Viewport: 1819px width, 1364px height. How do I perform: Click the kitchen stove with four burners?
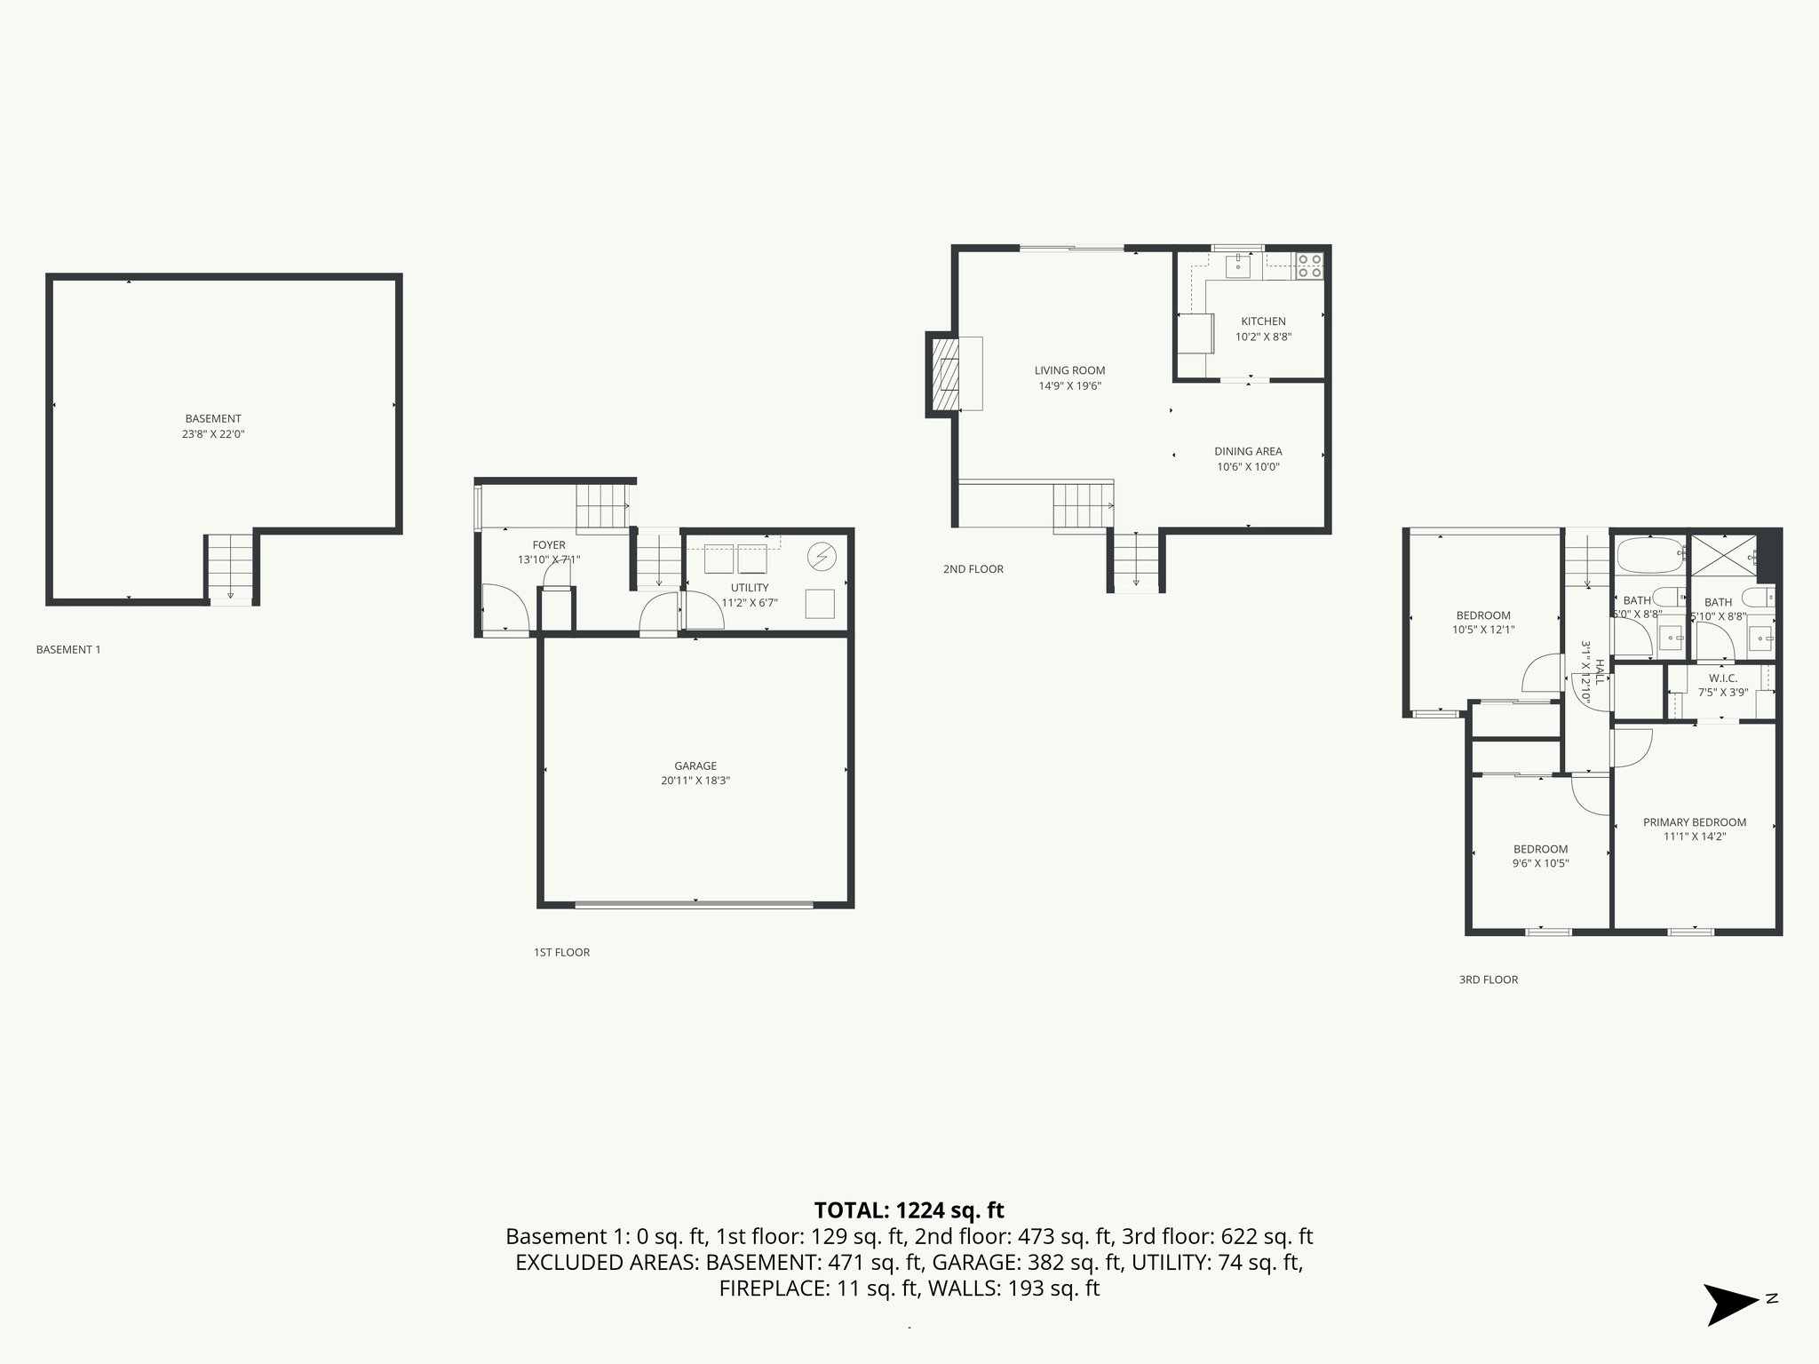pos(1309,266)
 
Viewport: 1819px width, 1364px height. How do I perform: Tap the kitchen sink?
pos(1238,265)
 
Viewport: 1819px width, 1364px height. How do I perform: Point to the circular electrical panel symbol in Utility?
pos(822,557)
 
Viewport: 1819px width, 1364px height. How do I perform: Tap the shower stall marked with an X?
pos(1724,556)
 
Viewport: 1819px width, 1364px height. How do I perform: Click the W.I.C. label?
pos(1722,678)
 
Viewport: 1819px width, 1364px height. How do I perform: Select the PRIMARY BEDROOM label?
pos(1694,822)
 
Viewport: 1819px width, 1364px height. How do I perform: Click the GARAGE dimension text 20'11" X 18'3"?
pos(695,781)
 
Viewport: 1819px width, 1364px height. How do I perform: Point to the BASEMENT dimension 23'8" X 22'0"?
pos(213,434)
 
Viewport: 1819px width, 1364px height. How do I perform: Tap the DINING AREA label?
pos(1248,451)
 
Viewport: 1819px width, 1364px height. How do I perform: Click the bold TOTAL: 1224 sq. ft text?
pos(909,1210)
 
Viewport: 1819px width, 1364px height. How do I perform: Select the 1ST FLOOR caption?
pos(561,952)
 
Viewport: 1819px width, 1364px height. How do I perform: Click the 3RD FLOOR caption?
pos(1489,979)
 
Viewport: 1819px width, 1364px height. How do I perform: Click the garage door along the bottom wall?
pos(694,905)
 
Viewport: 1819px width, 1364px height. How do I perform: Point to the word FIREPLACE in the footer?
pos(773,1289)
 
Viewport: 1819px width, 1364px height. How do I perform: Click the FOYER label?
pos(548,545)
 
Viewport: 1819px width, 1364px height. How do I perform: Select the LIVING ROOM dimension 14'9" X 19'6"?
pos(1069,386)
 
